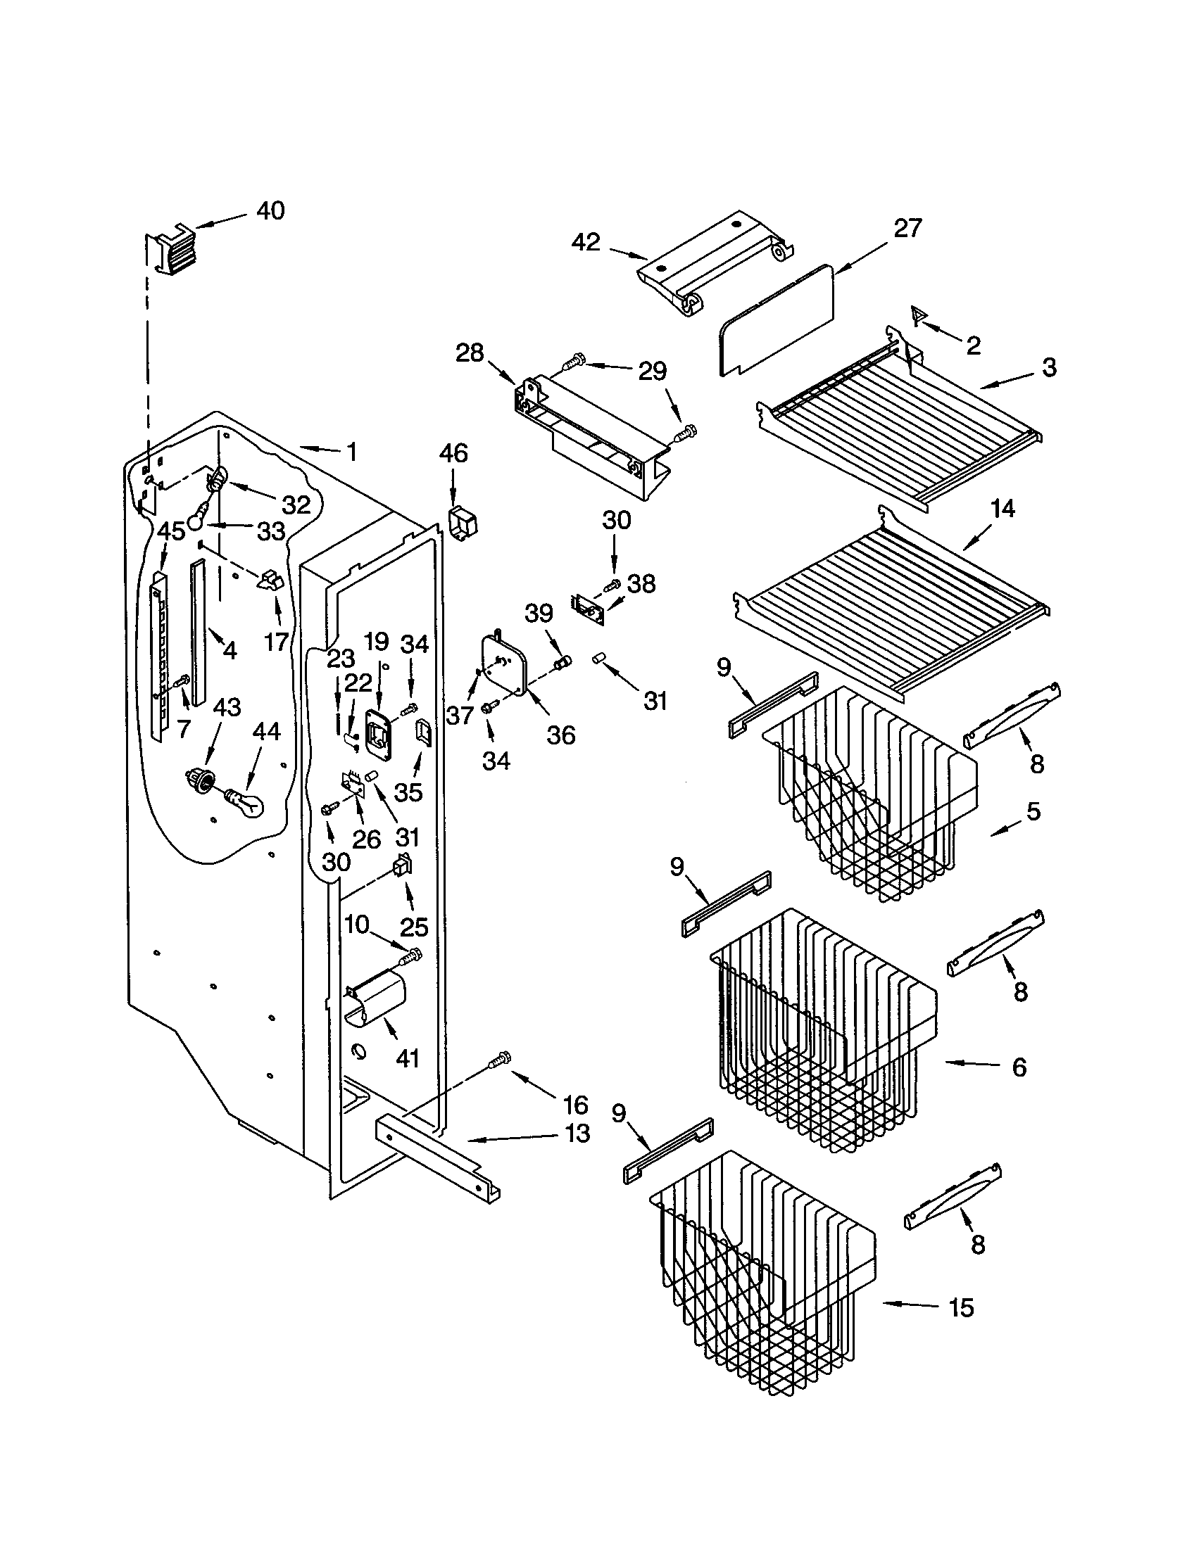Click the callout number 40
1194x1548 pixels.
coord(270,210)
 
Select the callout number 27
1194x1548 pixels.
coord(907,229)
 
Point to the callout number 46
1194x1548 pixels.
coord(453,453)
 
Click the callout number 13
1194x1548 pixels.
coord(578,1134)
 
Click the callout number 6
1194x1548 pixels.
coord(1019,1086)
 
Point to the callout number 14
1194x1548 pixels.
coord(1003,509)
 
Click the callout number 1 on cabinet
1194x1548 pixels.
coord(353,452)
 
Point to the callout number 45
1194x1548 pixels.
coord(170,529)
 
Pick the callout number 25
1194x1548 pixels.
coord(414,927)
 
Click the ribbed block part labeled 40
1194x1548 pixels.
coord(170,252)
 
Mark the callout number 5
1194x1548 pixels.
coord(1033,811)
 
